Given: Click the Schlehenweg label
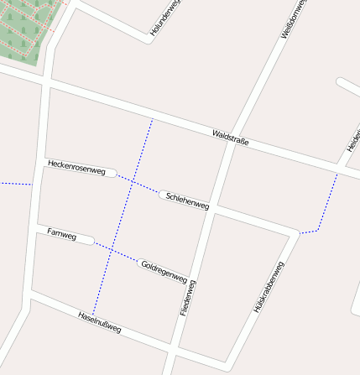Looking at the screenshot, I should point(187,200).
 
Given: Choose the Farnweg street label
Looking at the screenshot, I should point(61,234).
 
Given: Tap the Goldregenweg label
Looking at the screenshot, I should point(164,270).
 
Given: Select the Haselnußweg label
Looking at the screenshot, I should point(99,322).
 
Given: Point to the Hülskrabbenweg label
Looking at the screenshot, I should point(269,288).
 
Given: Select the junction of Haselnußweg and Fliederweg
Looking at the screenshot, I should point(174,345).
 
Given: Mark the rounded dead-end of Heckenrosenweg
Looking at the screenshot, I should point(112,172).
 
